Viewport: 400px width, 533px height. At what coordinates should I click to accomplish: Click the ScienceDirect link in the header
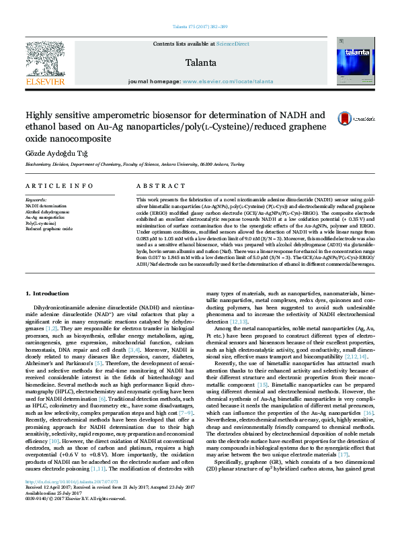point(233,44)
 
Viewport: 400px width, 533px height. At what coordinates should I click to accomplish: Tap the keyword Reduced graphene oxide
point(48,229)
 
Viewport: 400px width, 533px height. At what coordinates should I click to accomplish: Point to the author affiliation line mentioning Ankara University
point(127,164)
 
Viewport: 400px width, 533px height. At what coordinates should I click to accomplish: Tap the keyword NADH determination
point(46,206)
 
